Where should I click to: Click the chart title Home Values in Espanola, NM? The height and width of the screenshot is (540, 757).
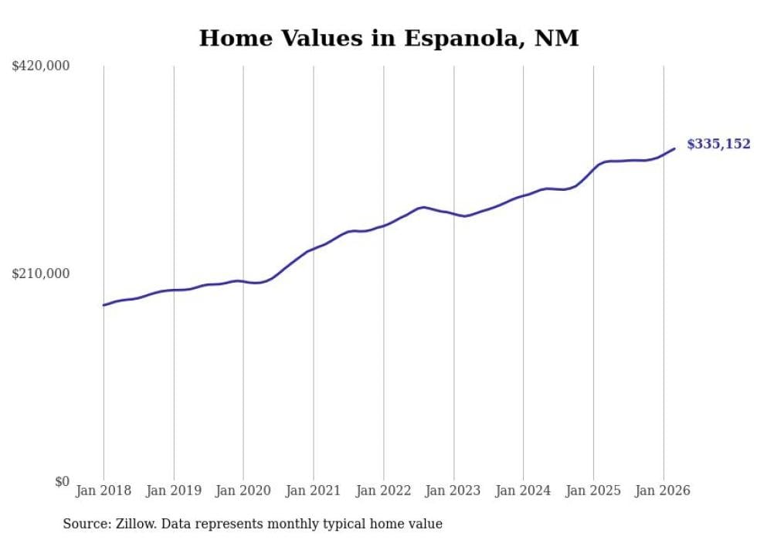[x=389, y=38]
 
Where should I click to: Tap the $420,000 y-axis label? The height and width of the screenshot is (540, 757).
[x=41, y=66]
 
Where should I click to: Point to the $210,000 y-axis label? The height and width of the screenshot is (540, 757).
[x=41, y=273]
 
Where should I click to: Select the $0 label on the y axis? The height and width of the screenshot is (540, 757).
[x=62, y=481]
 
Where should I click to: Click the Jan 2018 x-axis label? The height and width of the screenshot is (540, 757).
[x=104, y=491]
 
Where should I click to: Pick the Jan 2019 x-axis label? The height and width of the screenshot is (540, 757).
[x=174, y=491]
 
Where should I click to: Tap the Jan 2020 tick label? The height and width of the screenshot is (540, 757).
[x=243, y=491]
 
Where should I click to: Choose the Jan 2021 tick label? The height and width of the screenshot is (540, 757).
[x=314, y=491]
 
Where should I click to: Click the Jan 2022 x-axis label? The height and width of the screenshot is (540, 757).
[x=384, y=491]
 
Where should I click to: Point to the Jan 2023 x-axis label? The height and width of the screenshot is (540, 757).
[x=453, y=491]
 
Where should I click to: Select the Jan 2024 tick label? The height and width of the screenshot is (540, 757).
[x=524, y=491]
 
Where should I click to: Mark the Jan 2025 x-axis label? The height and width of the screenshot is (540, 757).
[x=593, y=491]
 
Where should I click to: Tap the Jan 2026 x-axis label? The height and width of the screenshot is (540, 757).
[x=664, y=491]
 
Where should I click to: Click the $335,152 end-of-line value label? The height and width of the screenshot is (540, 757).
[x=718, y=144]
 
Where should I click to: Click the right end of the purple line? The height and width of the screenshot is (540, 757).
[x=674, y=148]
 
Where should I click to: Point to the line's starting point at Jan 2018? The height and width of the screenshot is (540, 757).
[x=104, y=305]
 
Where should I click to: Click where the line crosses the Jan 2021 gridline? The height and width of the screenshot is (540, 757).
[x=314, y=249]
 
